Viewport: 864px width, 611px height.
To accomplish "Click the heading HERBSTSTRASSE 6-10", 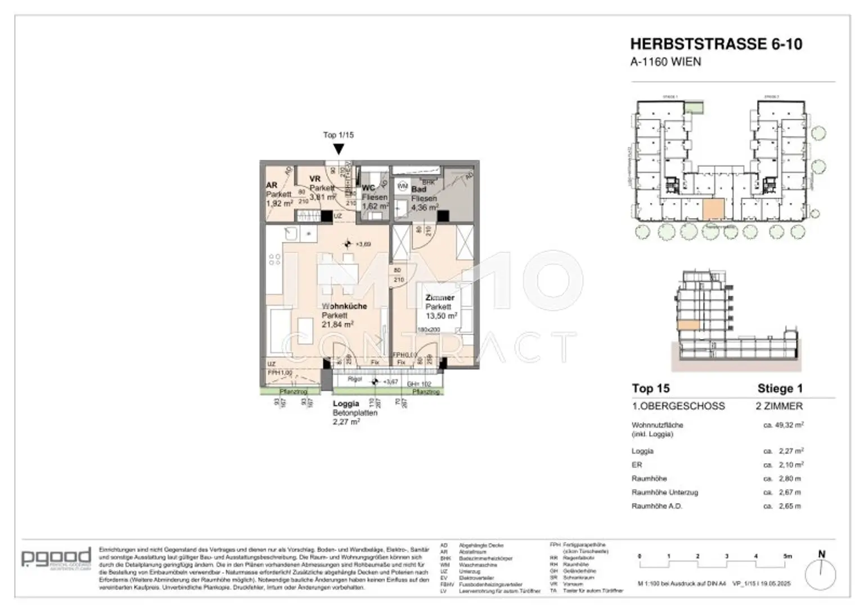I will click(x=715, y=44).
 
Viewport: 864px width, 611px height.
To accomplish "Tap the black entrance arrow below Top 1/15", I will click(x=338, y=149).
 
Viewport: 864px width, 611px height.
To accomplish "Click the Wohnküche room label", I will click(x=344, y=306).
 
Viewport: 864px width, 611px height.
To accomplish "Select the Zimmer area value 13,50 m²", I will click(x=441, y=316).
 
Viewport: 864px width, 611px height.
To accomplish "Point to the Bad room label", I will click(x=418, y=189).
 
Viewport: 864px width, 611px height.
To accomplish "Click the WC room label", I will click(x=368, y=188).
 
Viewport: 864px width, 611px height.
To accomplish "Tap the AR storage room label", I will click(x=271, y=185).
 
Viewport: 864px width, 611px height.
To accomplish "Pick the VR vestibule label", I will click(x=315, y=179).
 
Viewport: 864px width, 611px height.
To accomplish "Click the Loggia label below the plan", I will click(x=346, y=404).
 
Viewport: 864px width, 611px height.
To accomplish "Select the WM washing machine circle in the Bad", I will click(x=403, y=185).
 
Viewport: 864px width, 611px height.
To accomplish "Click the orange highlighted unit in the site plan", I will click(x=714, y=210).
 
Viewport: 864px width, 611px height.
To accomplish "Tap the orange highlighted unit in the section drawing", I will click(x=688, y=325).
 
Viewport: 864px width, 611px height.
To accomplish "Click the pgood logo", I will click(x=56, y=558).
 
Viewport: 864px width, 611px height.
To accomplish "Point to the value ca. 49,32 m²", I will click(x=782, y=425).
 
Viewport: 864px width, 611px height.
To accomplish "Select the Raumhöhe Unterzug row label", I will click(x=664, y=492).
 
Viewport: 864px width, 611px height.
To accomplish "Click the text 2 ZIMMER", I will click(x=779, y=406).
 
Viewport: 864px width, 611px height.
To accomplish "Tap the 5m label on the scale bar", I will click(x=787, y=556).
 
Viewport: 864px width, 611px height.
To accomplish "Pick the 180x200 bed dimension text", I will click(x=429, y=330).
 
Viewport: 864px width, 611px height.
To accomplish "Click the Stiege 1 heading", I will click(x=780, y=388).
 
